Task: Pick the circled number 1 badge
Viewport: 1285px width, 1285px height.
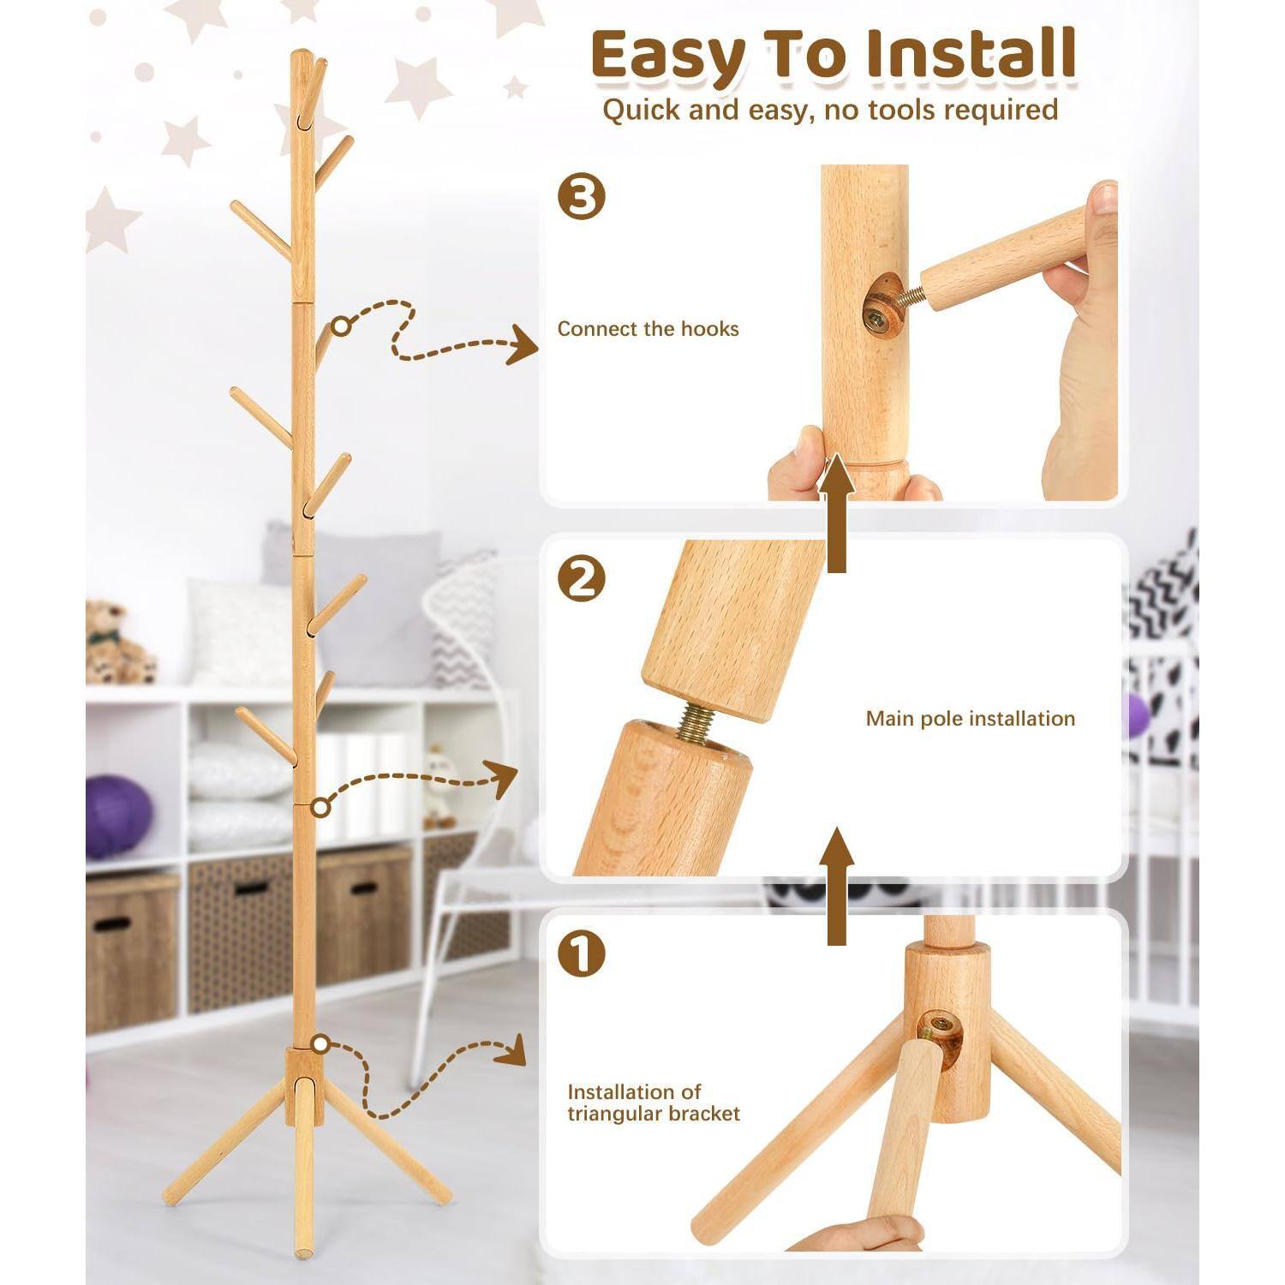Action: coord(582,954)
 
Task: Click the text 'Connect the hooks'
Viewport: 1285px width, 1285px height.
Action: coord(648,329)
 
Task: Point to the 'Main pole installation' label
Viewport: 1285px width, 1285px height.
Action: coord(970,719)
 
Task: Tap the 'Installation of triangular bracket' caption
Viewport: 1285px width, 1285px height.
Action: coord(653,1103)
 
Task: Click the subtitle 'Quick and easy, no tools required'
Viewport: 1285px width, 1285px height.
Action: coord(829,110)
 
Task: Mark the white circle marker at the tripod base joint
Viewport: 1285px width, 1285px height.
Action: coord(321,1044)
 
